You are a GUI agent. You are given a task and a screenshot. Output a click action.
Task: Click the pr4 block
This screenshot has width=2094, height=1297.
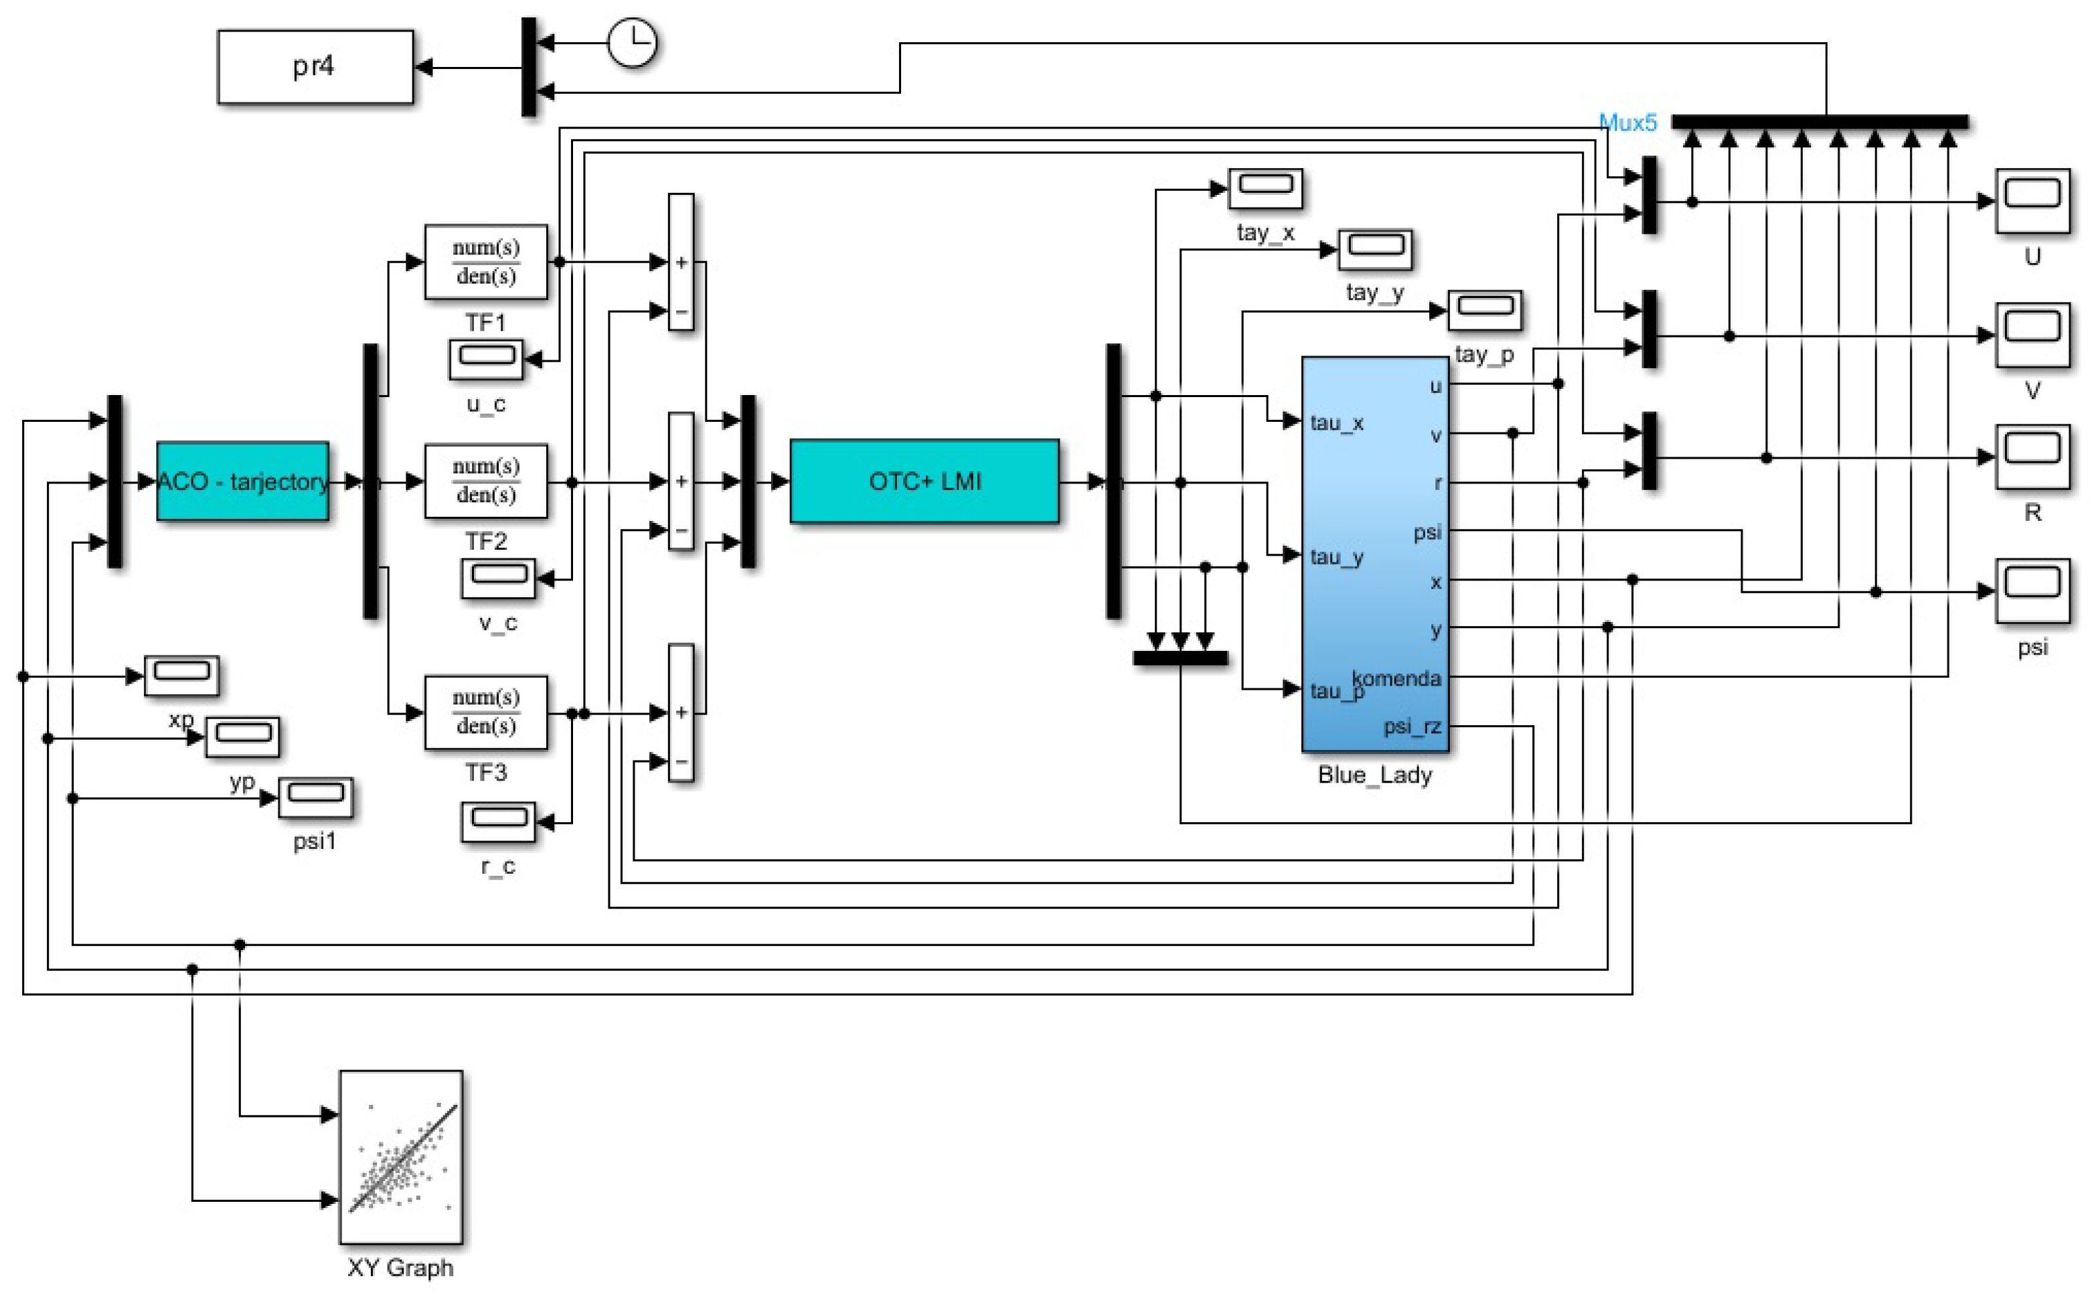point(315,67)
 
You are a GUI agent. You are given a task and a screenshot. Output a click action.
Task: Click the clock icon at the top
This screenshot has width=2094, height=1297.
point(632,43)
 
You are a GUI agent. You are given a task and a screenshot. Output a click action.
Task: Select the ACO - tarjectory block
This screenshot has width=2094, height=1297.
point(242,481)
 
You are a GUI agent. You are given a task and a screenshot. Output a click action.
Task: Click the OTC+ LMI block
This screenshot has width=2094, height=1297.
point(924,481)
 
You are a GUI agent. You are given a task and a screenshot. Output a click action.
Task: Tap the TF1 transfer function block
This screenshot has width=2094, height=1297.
point(485,262)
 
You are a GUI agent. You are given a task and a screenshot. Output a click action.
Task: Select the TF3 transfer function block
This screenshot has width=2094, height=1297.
point(485,712)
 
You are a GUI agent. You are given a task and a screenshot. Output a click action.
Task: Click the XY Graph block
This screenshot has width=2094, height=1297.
point(400,1156)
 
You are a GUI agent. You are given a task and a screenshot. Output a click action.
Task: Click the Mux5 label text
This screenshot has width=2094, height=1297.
point(1627,123)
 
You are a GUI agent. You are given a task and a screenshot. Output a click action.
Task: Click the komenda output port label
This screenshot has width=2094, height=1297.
point(1397,678)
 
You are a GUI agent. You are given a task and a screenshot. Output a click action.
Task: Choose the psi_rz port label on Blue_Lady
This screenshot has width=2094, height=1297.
point(1411,727)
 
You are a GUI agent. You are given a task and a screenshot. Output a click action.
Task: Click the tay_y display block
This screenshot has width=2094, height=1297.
point(1374,250)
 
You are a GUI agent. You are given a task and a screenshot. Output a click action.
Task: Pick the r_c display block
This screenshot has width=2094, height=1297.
point(498,822)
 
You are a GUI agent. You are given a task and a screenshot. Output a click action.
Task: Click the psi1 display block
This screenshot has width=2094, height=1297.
point(315,797)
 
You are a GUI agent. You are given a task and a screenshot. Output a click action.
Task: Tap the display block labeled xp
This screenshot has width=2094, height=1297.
point(181,676)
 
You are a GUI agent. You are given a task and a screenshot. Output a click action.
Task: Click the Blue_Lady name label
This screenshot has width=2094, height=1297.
point(1374,775)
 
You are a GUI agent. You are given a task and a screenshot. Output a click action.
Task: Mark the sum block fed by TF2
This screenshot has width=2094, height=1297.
point(681,481)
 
